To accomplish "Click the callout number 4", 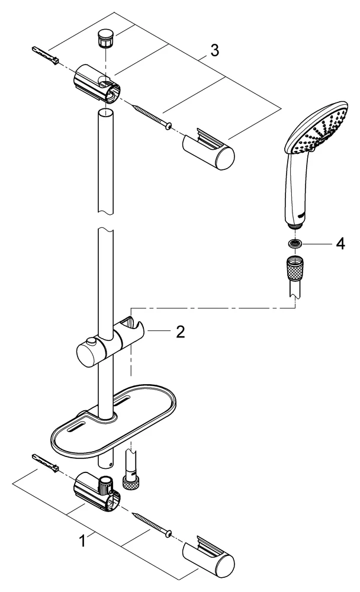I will point(340,244).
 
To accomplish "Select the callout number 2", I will point(179,331).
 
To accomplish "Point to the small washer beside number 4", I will point(295,243).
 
